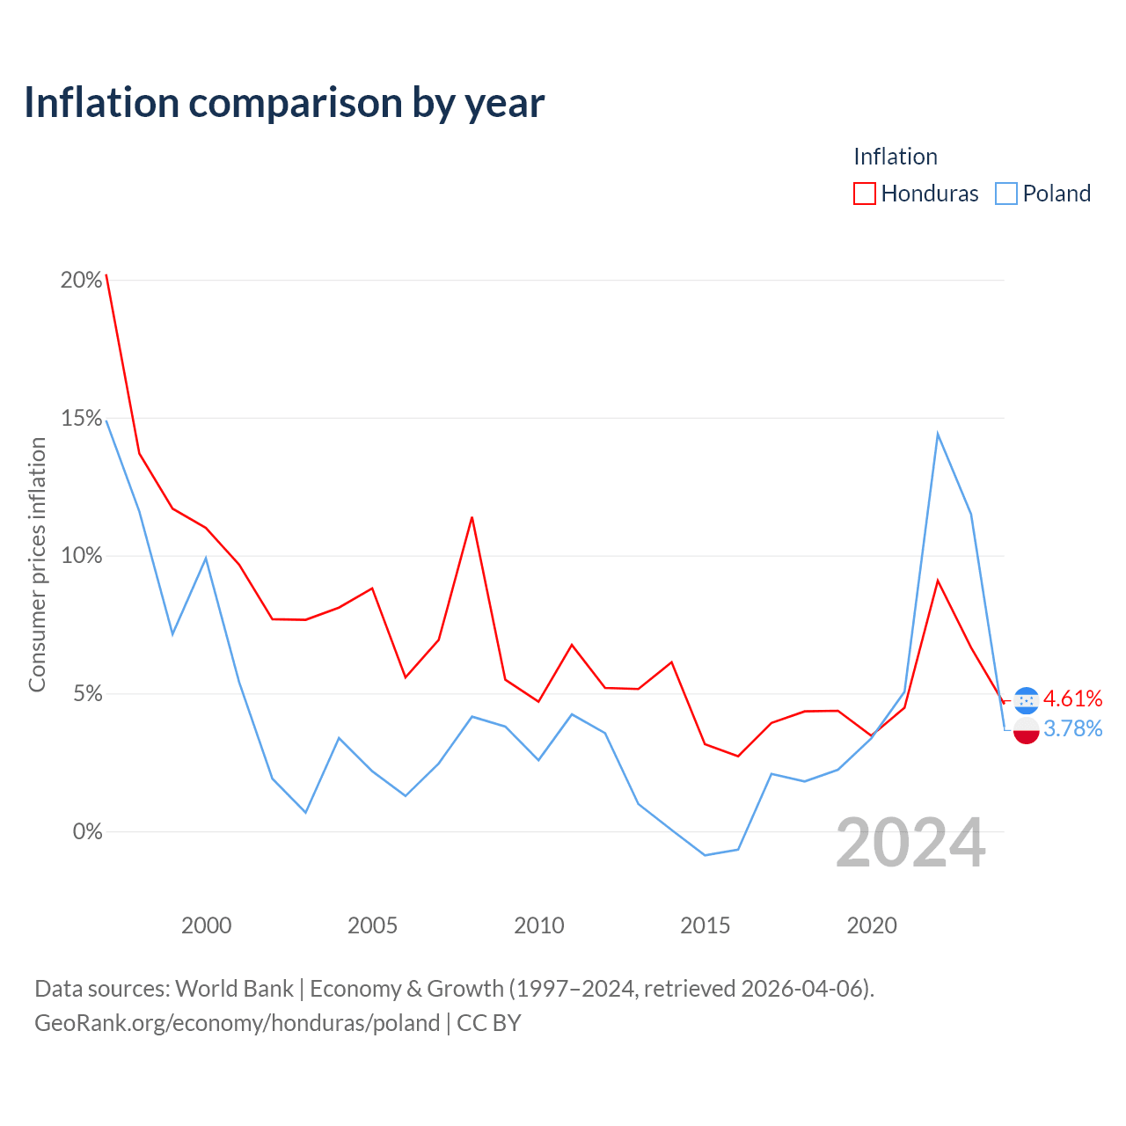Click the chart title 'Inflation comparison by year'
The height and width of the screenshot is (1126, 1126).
coord(284,104)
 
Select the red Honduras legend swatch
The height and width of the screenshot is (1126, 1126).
coord(864,194)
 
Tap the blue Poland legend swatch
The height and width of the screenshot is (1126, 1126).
coord(1006,194)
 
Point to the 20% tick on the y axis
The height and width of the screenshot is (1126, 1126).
coord(82,280)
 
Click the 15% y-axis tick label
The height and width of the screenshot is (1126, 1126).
coord(82,418)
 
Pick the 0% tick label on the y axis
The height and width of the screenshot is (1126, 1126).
coord(88,831)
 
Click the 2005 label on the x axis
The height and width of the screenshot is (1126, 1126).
coord(372,925)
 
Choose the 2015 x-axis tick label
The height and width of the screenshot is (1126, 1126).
coord(706,925)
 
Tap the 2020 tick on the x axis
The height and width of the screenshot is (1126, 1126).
coord(872,925)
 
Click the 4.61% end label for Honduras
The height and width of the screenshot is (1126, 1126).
coord(1073,698)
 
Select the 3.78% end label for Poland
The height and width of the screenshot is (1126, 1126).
coord(1073,728)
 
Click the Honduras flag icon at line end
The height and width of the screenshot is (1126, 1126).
coord(1026,700)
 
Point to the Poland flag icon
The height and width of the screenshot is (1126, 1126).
coord(1026,731)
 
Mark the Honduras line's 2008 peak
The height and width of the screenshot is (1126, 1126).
coord(472,518)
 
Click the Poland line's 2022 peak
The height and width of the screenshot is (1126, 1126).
coord(938,435)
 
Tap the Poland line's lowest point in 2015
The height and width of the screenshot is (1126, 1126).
coord(706,855)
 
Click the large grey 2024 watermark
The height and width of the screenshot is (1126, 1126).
coord(911,843)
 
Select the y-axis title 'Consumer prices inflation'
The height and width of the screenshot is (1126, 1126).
coord(38,565)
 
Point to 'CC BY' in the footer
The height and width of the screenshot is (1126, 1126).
coord(488,1023)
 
